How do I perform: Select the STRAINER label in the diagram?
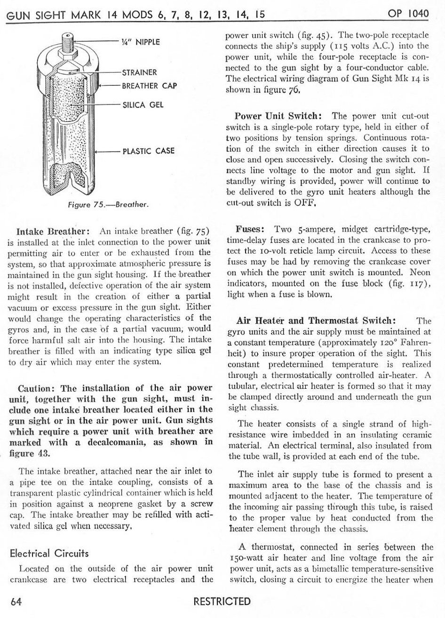[x=139, y=72]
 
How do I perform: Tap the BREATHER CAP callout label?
[x=149, y=86]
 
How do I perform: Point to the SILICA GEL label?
[x=143, y=104]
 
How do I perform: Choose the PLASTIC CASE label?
[x=148, y=151]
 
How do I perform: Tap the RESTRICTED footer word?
[x=222, y=602]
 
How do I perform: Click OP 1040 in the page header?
[x=408, y=14]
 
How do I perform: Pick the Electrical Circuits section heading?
[x=49, y=554]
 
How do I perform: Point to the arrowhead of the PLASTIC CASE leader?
[x=97, y=152]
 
